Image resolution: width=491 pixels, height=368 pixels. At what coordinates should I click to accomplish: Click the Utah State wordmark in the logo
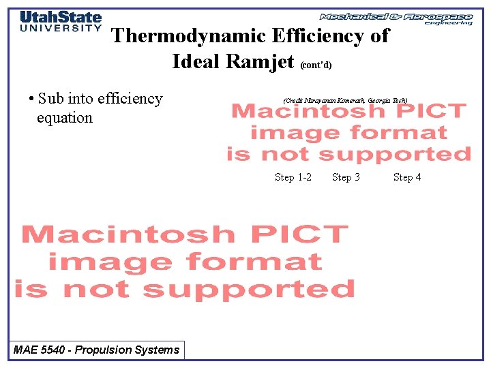coord(61,17)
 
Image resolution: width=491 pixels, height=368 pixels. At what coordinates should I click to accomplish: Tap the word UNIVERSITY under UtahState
coord(61,29)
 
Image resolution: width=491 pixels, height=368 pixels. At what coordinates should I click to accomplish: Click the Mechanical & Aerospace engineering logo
coord(396,18)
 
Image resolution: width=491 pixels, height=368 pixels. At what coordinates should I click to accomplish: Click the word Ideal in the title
coord(196,61)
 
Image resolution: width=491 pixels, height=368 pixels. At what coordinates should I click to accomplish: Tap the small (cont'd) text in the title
coord(316,65)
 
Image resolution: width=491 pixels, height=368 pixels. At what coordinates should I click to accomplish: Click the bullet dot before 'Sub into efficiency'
coord(32,99)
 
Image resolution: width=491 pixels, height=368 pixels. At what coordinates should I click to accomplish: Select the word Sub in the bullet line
coord(52,99)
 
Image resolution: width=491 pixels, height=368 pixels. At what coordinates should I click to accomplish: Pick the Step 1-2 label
coord(293,177)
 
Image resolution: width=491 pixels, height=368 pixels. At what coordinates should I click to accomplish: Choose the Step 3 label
coord(346,177)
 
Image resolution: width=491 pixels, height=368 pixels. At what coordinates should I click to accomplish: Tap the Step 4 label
coord(407,177)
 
